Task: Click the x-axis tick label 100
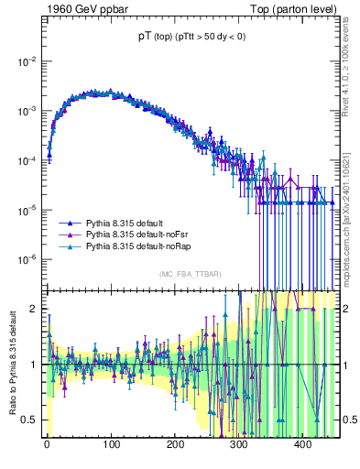pos(111,444)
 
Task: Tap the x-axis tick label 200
pos(175,444)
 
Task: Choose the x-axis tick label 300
pos(239,444)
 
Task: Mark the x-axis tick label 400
pos(303,444)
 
